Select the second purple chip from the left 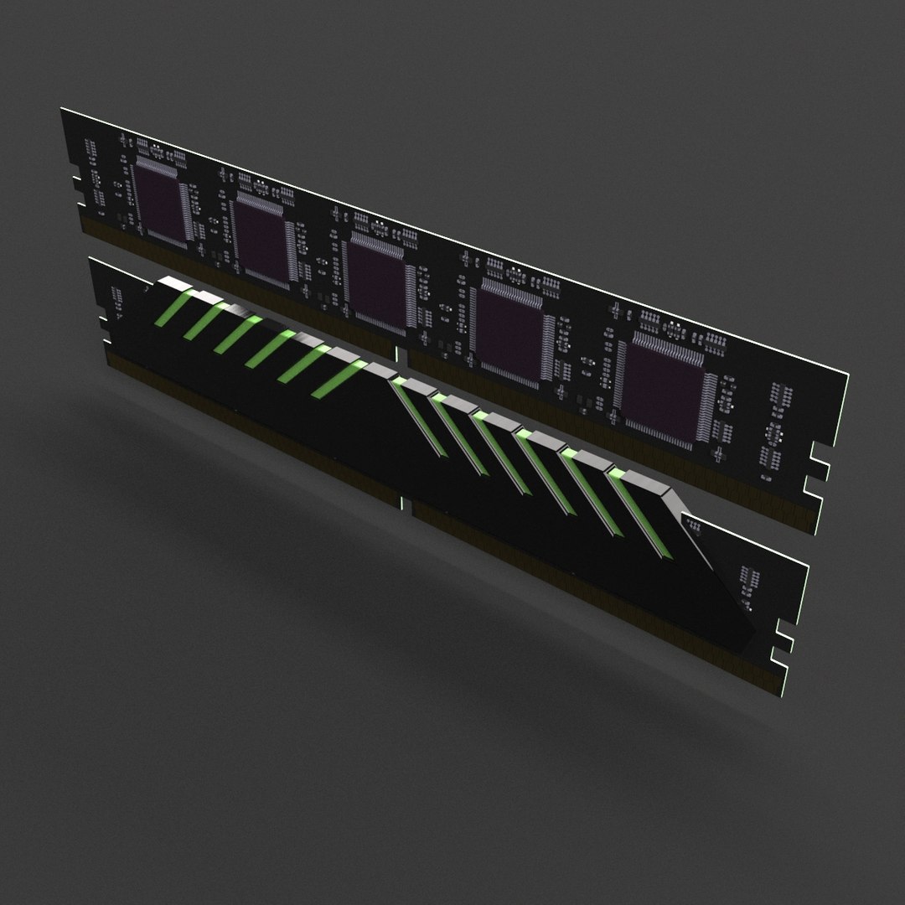261,240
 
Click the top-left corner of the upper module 63,109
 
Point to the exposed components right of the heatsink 746,578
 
